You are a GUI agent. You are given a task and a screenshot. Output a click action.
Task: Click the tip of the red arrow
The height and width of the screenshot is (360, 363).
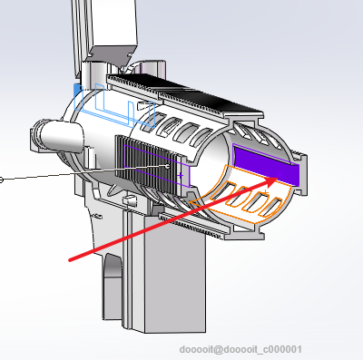pos(278,179)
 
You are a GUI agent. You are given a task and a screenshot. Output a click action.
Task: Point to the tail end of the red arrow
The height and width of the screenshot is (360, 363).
pos(70,260)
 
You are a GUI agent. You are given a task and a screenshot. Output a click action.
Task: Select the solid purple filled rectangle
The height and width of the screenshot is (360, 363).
pos(266,165)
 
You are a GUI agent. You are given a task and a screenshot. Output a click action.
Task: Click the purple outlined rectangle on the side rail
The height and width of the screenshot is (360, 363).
pos(157,166)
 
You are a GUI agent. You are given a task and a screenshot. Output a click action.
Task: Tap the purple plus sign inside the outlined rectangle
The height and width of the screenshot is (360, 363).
pos(181,175)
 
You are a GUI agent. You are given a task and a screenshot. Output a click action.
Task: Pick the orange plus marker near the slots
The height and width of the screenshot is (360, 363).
pos(265,192)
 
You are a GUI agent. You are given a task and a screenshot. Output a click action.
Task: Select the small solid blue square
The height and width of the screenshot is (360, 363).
pos(78,91)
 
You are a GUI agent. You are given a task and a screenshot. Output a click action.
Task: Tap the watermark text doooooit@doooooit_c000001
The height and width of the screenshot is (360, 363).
pos(240,350)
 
